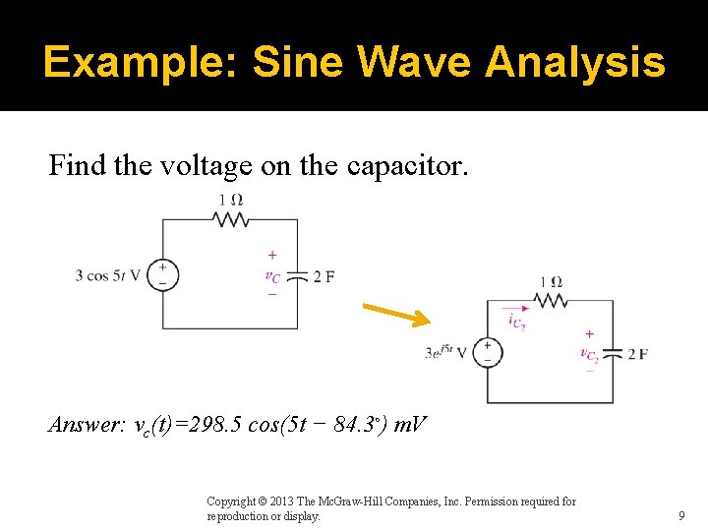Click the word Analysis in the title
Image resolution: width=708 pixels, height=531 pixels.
[575, 63]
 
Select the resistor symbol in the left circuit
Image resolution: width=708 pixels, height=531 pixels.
[230, 219]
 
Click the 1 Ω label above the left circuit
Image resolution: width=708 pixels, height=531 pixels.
[230, 200]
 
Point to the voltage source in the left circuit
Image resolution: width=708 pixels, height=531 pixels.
[163, 274]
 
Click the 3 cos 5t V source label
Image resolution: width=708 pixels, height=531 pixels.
[108, 275]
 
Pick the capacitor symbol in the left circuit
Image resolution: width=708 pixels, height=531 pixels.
[298, 275]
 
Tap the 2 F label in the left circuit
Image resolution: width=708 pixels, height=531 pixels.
[324, 275]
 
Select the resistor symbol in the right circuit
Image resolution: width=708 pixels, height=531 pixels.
[551, 300]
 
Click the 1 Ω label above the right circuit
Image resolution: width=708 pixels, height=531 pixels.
[551, 282]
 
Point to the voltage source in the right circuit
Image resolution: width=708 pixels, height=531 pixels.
[487, 352]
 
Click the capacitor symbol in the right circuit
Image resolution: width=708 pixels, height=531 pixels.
[613, 353]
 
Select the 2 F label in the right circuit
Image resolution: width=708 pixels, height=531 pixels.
[637, 353]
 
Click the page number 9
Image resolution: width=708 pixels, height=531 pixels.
[680, 515]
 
